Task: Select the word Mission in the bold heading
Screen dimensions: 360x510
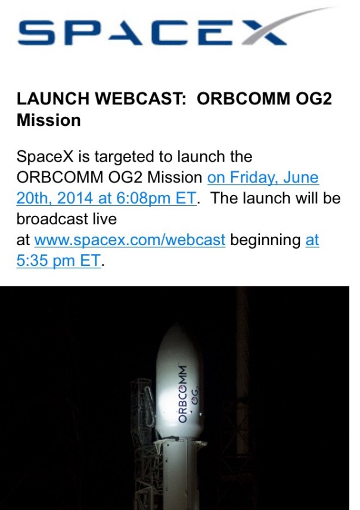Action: (49, 120)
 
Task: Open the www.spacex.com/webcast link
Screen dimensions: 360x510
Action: (130, 240)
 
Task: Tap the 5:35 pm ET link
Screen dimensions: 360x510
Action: (58, 261)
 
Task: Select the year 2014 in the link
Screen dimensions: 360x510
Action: (75, 199)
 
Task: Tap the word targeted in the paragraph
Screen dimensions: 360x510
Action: (125, 157)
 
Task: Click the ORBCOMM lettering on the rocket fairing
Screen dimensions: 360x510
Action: (182, 394)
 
